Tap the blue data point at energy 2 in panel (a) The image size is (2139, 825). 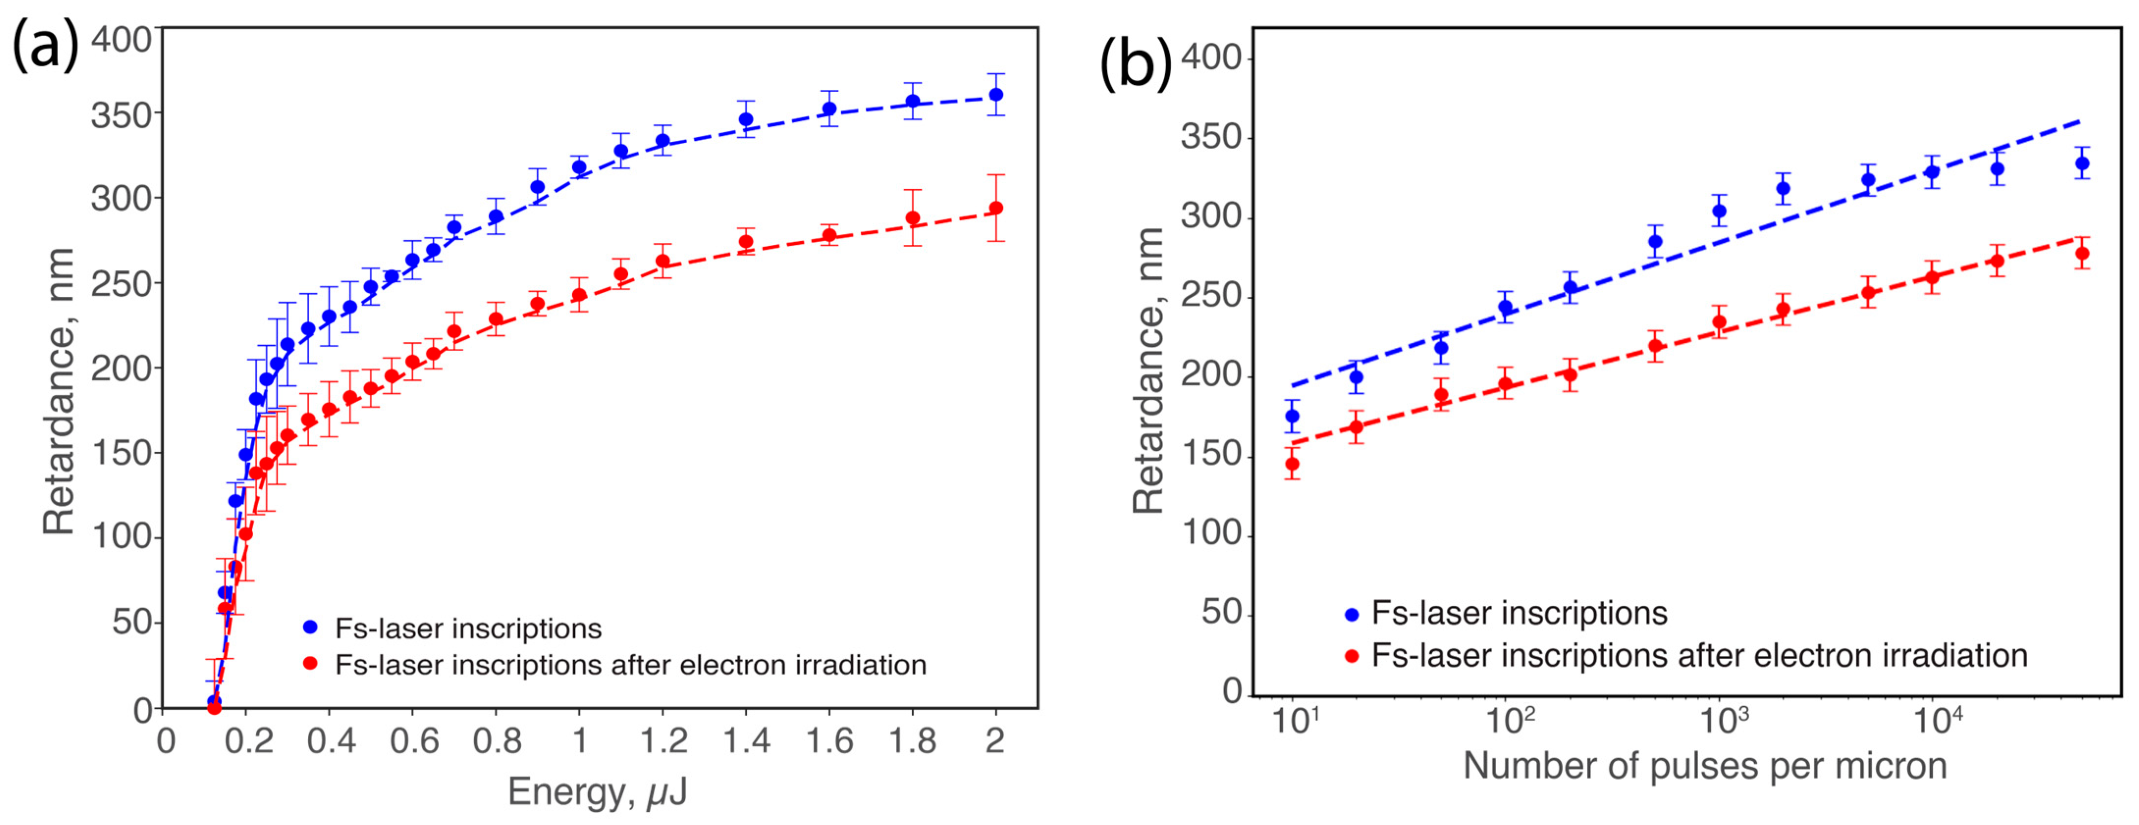(x=995, y=95)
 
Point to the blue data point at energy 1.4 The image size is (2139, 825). (x=746, y=120)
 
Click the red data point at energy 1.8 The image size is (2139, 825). (x=912, y=218)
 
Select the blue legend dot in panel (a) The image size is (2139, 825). (x=311, y=627)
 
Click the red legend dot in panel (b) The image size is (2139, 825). (x=1351, y=656)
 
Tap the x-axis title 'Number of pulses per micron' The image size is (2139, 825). (x=1705, y=765)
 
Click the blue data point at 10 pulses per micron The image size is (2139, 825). (x=1292, y=416)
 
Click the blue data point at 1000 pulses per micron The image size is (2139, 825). (x=1719, y=211)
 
